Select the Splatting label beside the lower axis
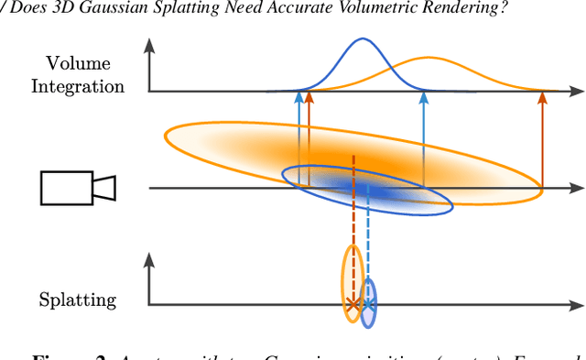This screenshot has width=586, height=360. click(78, 299)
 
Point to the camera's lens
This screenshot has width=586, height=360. click(103, 188)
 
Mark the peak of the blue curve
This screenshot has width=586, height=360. click(363, 39)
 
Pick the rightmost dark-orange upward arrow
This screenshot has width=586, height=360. click(541, 137)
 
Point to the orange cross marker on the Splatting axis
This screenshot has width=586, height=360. click(353, 303)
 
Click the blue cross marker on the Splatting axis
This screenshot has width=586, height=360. click(367, 303)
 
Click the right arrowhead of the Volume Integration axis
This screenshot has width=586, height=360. click(576, 92)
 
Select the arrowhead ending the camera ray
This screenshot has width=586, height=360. click(576, 189)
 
